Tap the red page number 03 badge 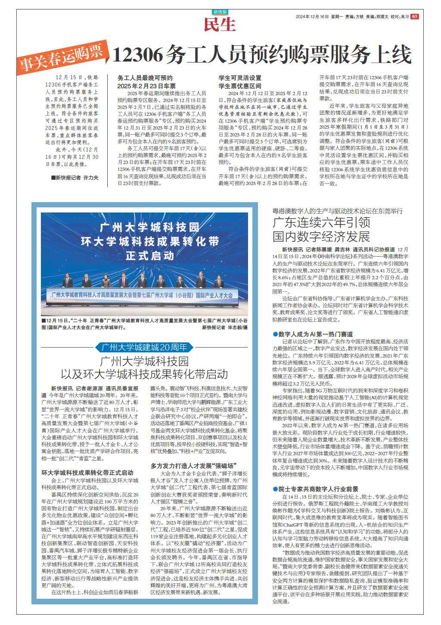coord(415,17)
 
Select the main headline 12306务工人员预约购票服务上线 coord(262,55)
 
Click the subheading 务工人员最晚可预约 coord(145,78)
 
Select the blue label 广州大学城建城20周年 coord(144,347)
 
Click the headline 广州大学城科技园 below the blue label coord(144,361)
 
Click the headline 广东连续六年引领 coord(321,224)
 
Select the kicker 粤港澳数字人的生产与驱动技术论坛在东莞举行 coord(337,211)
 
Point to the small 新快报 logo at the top coord(220,12)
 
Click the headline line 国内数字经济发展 coord(321,237)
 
